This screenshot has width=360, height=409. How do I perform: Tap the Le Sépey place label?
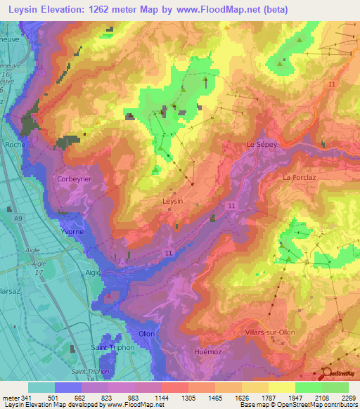click(262, 144)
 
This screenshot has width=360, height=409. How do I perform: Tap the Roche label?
click(15, 144)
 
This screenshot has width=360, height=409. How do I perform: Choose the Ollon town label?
click(146, 333)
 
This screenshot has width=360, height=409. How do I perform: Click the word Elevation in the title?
click(69, 10)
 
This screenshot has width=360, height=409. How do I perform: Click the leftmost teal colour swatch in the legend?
click(41, 387)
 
